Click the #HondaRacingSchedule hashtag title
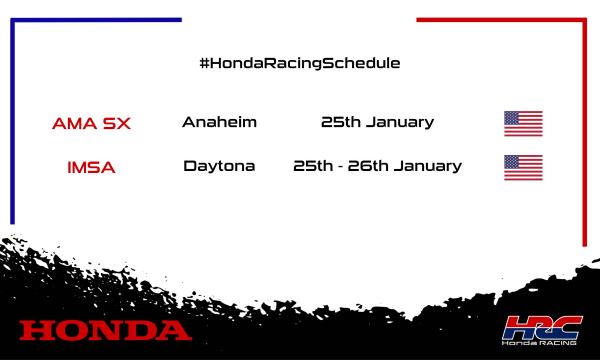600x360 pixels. pyautogui.click(x=300, y=63)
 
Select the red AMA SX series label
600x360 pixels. pyautogui.click(x=91, y=123)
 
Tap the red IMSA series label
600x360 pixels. pyautogui.click(x=91, y=167)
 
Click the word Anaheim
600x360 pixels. pyautogui.click(x=219, y=122)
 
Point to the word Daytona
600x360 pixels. pyautogui.click(x=219, y=166)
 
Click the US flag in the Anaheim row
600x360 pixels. pyautogui.click(x=523, y=124)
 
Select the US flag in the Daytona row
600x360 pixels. pyautogui.click(x=523, y=168)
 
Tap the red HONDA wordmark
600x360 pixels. pyautogui.click(x=106, y=330)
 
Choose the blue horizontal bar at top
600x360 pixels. pyautogui.click(x=96, y=20)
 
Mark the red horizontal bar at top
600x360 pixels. pyautogui.click(x=501, y=20)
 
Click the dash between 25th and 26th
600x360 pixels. pyautogui.click(x=340, y=167)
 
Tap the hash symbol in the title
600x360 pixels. pyautogui.click(x=204, y=63)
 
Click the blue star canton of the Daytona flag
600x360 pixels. pyautogui.click(x=512, y=161)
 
